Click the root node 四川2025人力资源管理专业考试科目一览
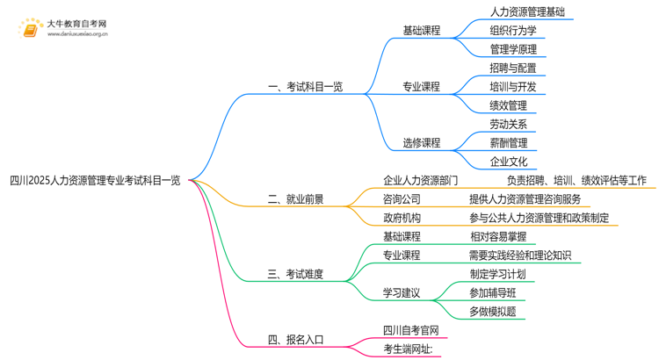[95, 181]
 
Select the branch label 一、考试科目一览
[304, 87]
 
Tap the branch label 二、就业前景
[295, 199]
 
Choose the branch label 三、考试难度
[295, 275]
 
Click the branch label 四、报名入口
[295, 340]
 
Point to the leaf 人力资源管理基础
[527, 12]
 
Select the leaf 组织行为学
[513, 31]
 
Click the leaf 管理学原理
[513, 49]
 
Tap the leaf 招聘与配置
[513, 68]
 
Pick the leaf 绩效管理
[508, 105]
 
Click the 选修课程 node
[421, 143]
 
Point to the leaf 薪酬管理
[508, 143]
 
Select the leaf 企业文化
[508, 162]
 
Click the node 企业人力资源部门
[420, 181]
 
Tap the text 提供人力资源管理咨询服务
[525, 199]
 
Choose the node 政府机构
[402, 218]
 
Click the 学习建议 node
[402, 293]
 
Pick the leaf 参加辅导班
[493, 293]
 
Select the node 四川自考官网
[410, 331]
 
